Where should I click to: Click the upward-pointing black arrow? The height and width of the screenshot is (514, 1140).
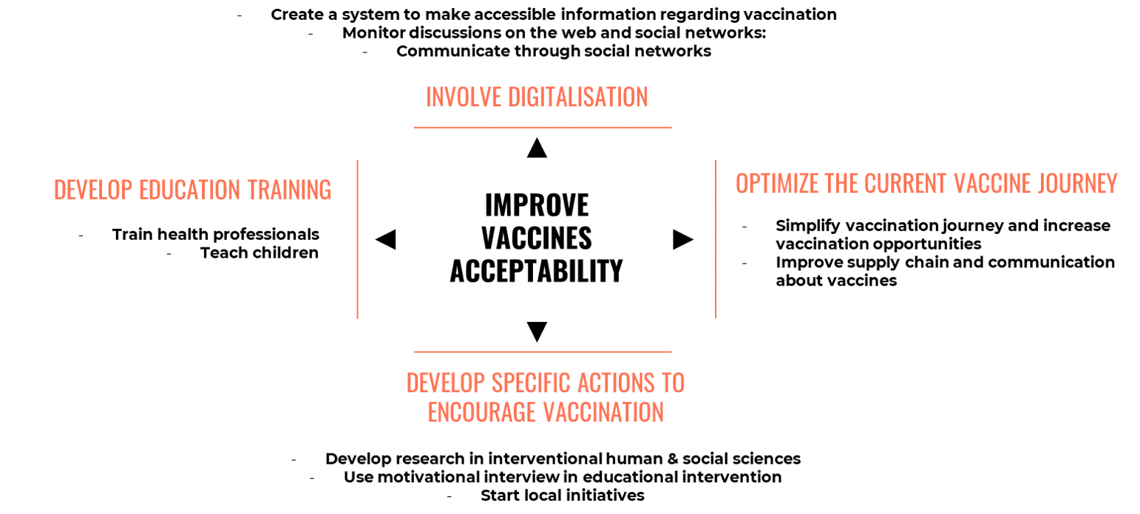click(537, 148)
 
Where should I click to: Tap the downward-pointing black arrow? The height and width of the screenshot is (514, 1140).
click(537, 332)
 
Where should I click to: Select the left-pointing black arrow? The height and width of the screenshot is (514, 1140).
click(386, 239)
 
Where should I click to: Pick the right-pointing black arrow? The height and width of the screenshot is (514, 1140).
click(683, 239)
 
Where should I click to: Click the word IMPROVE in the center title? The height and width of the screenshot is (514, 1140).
click(537, 205)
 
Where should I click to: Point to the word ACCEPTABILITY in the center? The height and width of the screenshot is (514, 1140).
click(537, 270)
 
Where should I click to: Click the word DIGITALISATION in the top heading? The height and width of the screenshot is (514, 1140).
click(578, 97)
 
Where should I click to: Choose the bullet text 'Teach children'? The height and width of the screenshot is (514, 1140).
click(259, 253)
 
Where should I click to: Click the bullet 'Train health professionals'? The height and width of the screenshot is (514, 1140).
click(216, 234)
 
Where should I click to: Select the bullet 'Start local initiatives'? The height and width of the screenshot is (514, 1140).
click(563, 496)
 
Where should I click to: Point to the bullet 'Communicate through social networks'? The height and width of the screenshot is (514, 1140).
click(554, 52)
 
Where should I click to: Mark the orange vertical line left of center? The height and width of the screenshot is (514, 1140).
click(358, 239)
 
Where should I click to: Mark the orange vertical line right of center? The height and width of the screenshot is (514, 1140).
click(716, 239)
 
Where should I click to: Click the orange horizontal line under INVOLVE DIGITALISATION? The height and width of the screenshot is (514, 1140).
click(543, 128)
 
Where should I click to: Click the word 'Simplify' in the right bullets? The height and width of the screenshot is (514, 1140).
click(807, 226)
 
